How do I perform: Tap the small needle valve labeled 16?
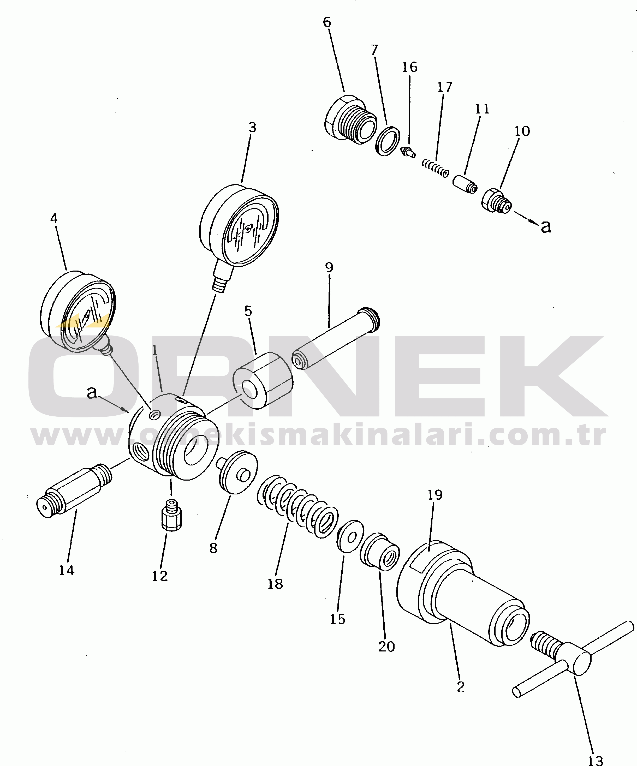408,152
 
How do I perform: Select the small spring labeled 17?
435,168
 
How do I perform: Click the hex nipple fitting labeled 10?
496,201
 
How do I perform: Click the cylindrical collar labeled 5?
263,380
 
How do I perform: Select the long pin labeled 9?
336,338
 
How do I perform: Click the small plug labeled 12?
171,516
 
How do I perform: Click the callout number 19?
435,495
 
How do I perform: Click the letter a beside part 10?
546,226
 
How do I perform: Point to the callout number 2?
460,686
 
